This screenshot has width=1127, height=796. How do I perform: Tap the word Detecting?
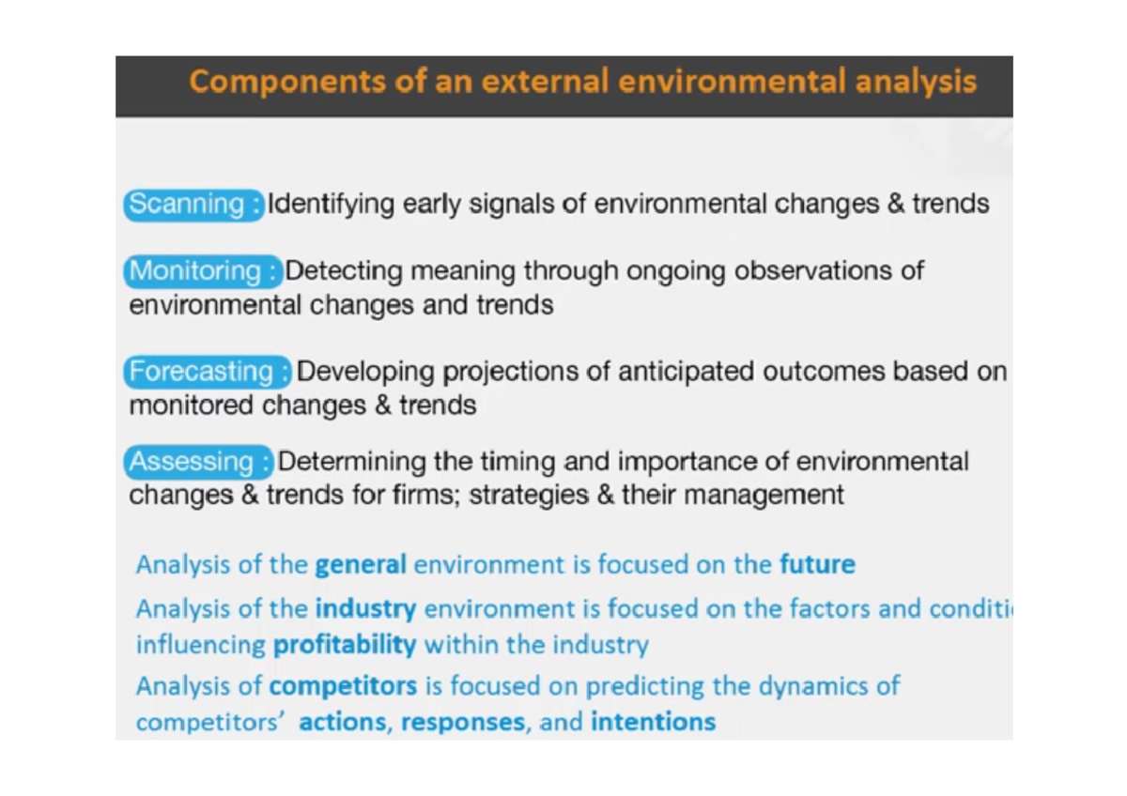coord(344,271)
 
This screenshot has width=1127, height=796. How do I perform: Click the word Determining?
coord(351,462)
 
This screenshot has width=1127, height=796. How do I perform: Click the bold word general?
coord(361,565)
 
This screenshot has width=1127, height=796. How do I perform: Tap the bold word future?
coord(817,565)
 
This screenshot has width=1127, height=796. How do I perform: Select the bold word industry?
coord(365,609)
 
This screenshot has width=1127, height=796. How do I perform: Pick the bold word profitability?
coord(344,646)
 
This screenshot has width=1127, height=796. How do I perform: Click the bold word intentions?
coord(653,722)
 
